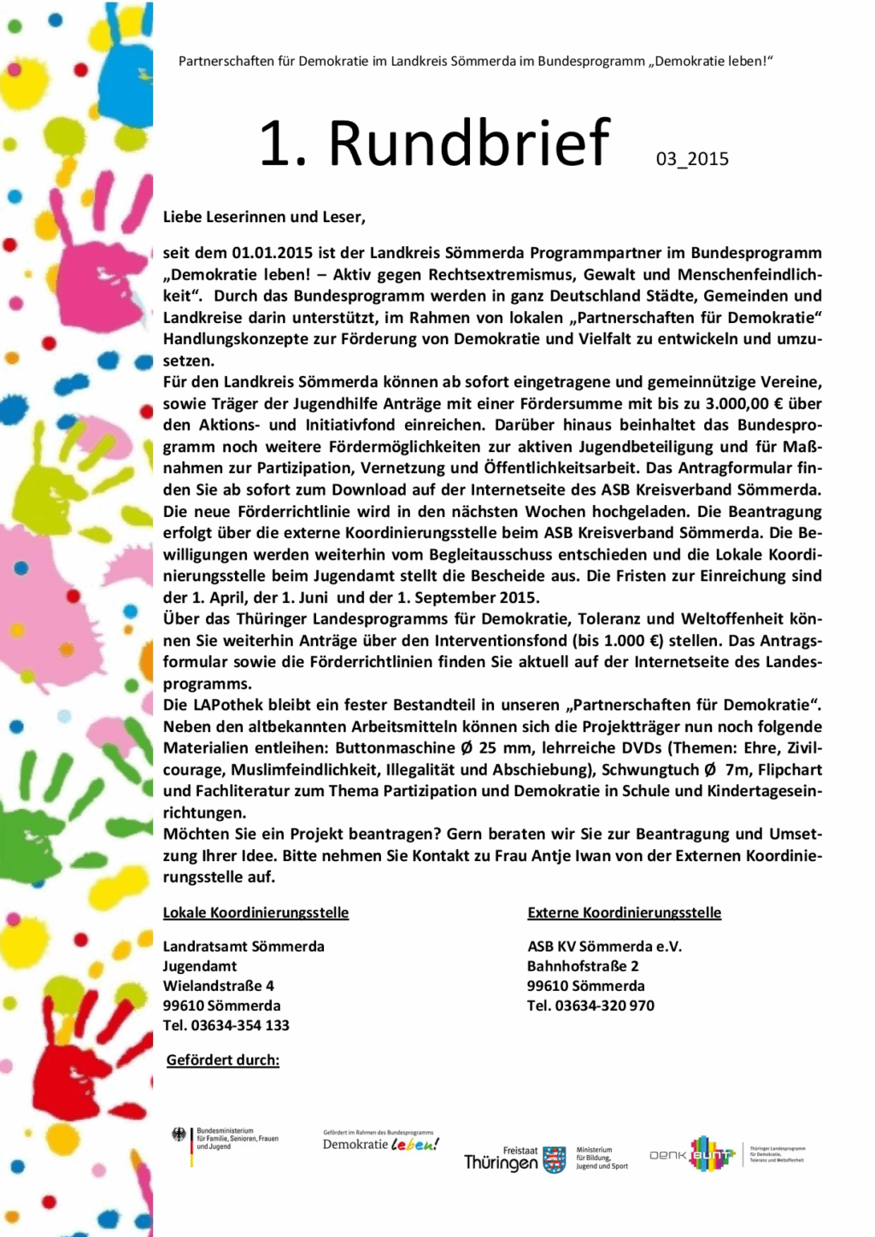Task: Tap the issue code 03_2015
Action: point(692,159)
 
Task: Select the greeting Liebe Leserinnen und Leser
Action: point(264,217)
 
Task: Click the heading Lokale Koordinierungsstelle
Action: point(255,912)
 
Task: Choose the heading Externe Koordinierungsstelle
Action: point(624,912)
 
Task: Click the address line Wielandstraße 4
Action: point(219,986)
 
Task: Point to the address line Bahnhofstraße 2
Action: point(583,966)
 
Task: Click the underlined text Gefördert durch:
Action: point(223,1060)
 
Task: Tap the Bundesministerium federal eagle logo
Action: point(179,1135)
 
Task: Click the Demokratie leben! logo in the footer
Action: point(380,1142)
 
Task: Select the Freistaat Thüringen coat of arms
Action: point(554,1159)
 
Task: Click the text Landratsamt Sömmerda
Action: point(244,947)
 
